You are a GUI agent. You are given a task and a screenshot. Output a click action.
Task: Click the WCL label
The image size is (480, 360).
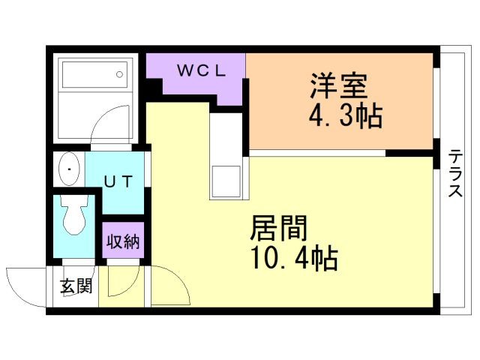201,71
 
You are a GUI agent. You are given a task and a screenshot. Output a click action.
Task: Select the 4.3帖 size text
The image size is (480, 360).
345,116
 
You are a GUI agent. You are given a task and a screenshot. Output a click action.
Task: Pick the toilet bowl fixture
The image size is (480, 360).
73,217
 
